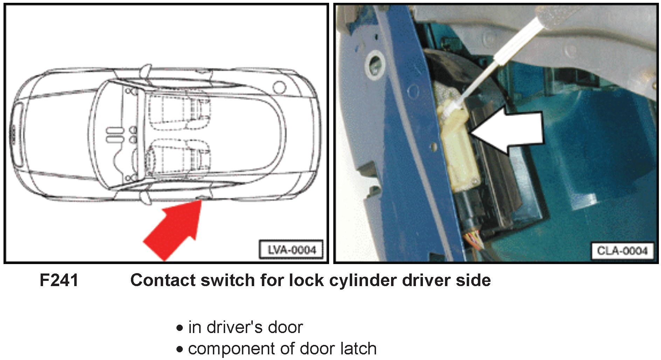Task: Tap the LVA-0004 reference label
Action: pyautogui.click(x=291, y=250)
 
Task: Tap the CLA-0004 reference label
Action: pyautogui.click(x=622, y=251)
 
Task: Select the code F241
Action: pyautogui.click(x=59, y=281)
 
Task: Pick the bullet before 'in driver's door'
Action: pyautogui.click(x=180, y=328)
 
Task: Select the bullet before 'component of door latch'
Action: pyautogui.click(x=180, y=349)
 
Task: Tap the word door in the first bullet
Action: pyautogui.click(x=285, y=327)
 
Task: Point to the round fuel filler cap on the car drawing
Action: pyautogui.click(x=279, y=87)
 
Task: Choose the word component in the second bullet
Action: pyautogui.click(x=231, y=349)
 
